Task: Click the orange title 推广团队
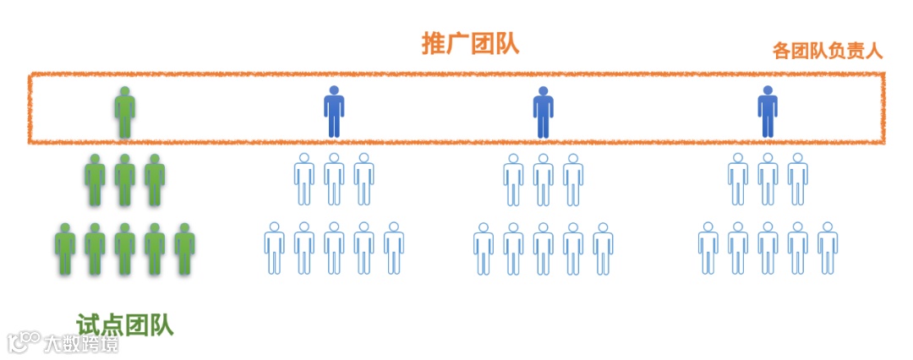470,44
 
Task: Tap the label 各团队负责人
827,51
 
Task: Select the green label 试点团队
124,325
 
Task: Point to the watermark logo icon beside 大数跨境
23,341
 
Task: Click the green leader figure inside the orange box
125,112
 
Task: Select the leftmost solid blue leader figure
334,112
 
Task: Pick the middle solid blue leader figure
543,112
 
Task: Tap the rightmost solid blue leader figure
767,112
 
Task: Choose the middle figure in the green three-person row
125,179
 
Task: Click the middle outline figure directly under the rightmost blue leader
767,179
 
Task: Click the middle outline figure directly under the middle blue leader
543,179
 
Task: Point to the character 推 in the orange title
434,44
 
